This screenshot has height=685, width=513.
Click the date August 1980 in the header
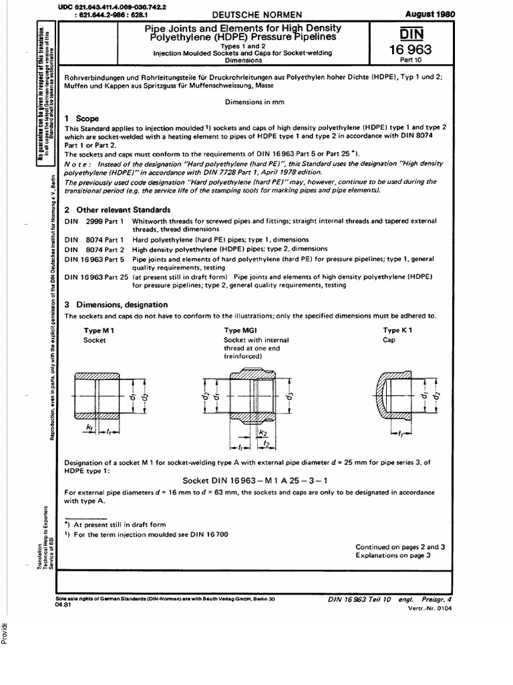[x=427, y=13]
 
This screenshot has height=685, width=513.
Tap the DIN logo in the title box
[x=415, y=33]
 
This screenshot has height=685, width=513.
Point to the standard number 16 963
[x=415, y=50]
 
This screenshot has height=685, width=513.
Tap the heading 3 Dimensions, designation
[x=116, y=304]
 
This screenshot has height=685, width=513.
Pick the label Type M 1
[x=99, y=330]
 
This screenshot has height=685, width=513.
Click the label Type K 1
[x=397, y=330]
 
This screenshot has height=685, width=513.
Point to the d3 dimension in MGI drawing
[x=290, y=402]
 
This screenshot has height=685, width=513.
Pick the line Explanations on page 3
[x=393, y=555]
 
